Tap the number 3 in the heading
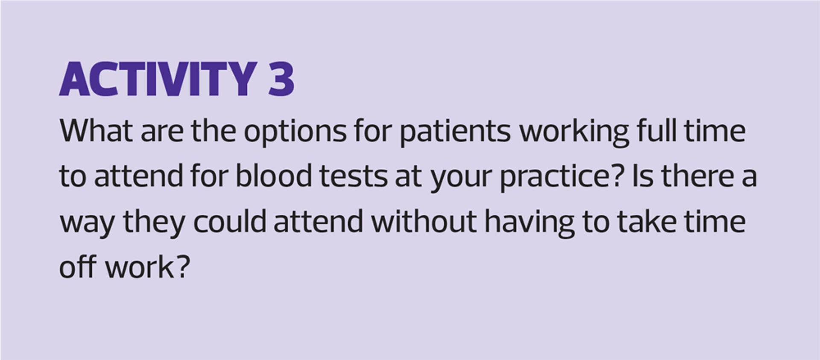click(281, 79)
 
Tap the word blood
click(274, 176)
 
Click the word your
click(461, 179)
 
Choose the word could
click(230, 221)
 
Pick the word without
click(424, 221)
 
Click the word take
click(647, 221)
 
